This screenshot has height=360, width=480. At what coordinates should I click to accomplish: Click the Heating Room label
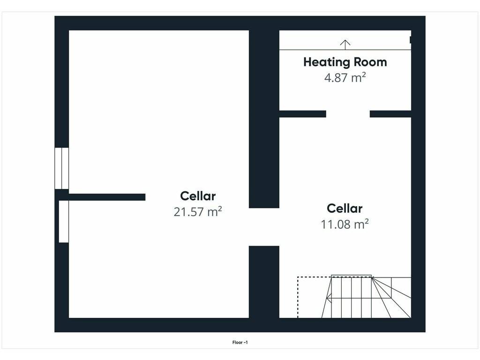pos(345,62)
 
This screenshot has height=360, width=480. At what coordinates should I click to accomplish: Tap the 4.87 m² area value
pos(345,78)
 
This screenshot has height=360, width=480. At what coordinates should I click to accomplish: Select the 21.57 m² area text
pos(198,212)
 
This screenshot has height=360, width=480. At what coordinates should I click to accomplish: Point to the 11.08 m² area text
pos(345,225)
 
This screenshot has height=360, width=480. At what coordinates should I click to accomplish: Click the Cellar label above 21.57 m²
pos(198,196)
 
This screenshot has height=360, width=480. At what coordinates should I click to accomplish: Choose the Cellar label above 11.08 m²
pos(345,209)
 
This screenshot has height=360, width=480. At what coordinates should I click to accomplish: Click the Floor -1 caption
pos(240,343)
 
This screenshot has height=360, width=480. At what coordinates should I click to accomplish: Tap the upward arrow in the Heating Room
pos(345,45)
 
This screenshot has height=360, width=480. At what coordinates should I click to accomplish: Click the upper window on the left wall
pos(61,168)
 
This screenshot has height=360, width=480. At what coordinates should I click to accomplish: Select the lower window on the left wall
pos(64,221)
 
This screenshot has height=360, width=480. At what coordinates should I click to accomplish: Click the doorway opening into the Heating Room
pos(348,114)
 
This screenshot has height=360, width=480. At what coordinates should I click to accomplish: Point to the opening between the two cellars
pos(264,227)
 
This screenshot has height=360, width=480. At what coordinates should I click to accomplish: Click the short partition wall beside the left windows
pos(107,197)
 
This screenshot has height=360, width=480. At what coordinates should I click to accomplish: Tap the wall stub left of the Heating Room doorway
pos(303,114)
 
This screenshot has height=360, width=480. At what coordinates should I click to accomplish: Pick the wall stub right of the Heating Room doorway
pos(390,114)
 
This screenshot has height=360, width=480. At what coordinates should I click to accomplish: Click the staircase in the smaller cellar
pos(366,297)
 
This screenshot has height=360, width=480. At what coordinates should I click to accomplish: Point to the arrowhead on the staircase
pos(329,298)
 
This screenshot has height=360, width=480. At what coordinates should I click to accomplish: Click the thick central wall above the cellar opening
pos(264,119)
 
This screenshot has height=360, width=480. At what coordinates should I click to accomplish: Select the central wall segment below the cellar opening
pos(264,282)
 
